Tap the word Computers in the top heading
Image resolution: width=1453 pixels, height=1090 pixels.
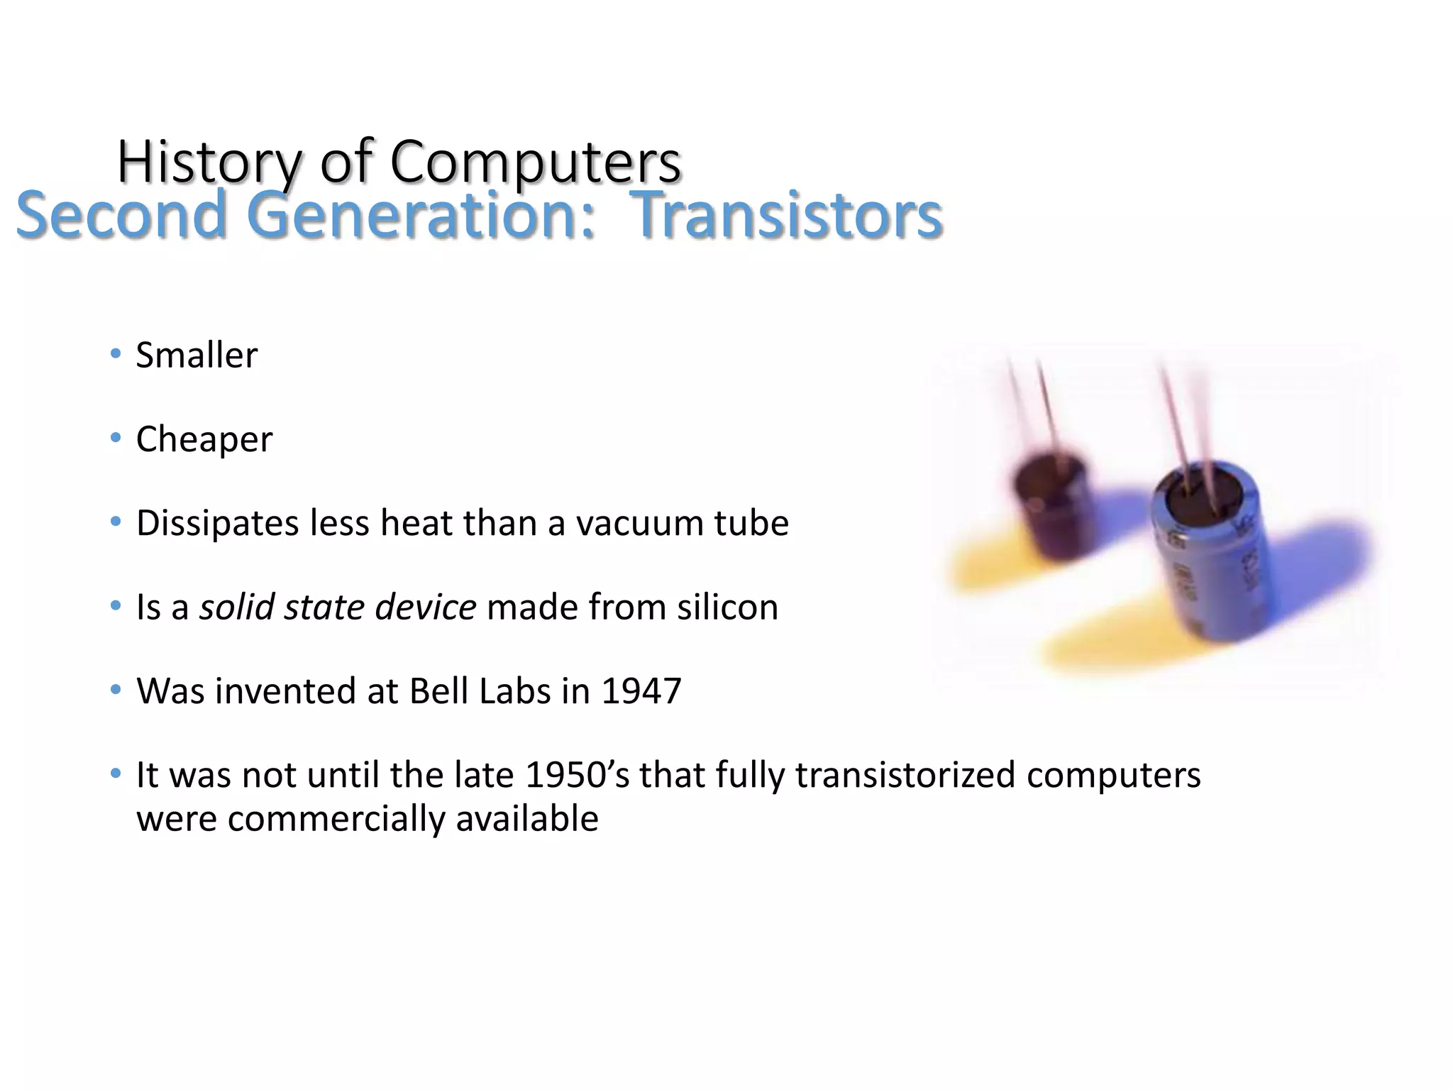click(x=536, y=163)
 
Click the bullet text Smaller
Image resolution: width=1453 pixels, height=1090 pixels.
click(x=197, y=355)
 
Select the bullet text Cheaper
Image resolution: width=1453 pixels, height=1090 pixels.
click(x=204, y=439)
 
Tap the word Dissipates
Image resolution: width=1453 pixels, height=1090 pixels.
click(x=217, y=524)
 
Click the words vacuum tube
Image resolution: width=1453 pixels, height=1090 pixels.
click(x=682, y=524)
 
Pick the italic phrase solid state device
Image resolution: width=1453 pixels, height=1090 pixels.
click(x=337, y=607)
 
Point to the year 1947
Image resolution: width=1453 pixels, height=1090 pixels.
click(x=641, y=691)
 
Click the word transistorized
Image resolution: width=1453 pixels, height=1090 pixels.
click(x=906, y=775)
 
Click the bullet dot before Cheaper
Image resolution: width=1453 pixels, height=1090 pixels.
click(x=116, y=438)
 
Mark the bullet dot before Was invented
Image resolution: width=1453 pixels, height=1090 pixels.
click(x=116, y=690)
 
